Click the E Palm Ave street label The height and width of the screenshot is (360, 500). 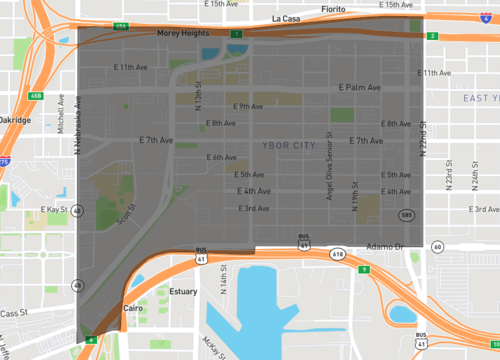(x=360, y=87)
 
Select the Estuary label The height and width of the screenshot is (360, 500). (x=185, y=292)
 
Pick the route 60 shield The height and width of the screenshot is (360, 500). (x=437, y=246)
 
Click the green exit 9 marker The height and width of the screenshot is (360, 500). (x=365, y=270)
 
